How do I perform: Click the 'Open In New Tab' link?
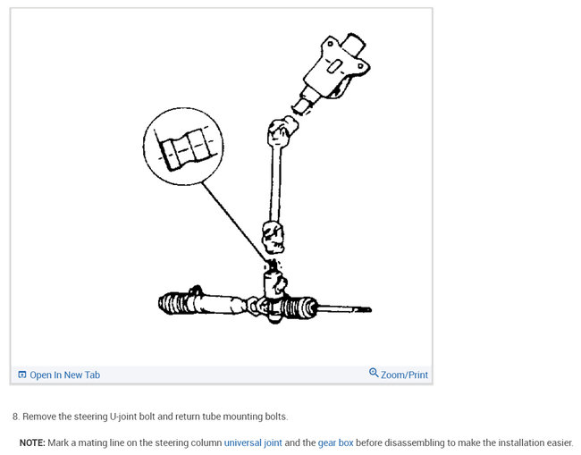pyautogui.click(x=64, y=375)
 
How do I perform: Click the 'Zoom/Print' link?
pyautogui.click(x=404, y=375)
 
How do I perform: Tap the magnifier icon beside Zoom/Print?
pyautogui.click(x=374, y=373)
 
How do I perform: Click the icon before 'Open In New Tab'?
pyautogui.click(x=22, y=375)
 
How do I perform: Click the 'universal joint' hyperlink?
pyautogui.click(x=253, y=442)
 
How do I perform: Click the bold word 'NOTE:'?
pyautogui.click(x=32, y=442)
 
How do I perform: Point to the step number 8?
pyautogui.click(x=15, y=417)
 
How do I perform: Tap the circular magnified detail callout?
pyautogui.click(x=183, y=146)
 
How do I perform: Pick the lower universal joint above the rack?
pyautogui.click(x=273, y=239)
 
